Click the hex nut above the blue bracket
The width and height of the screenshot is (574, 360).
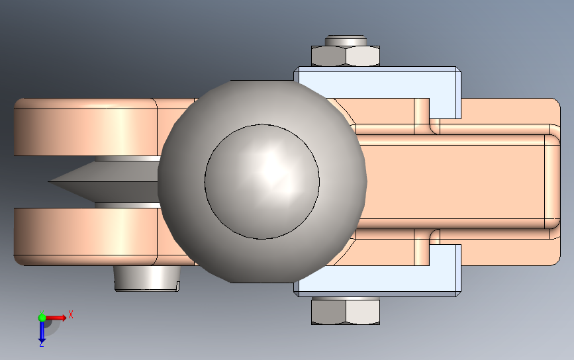[x=345, y=56]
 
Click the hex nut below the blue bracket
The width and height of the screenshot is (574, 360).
[x=345, y=310]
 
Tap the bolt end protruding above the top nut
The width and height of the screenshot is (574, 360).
[x=346, y=40]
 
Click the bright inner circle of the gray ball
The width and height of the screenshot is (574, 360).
[x=262, y=181]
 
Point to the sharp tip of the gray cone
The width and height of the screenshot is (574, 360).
[x=50, y=181]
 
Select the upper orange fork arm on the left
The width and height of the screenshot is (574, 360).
[x=86, y=127]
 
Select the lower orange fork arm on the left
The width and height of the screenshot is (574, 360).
[x=86, y=237]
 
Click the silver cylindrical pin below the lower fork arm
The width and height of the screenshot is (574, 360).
[x=147, y=279]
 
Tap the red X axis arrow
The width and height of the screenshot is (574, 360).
[x=55, y=318]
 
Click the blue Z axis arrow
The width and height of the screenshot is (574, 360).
[x=42, y=332]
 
